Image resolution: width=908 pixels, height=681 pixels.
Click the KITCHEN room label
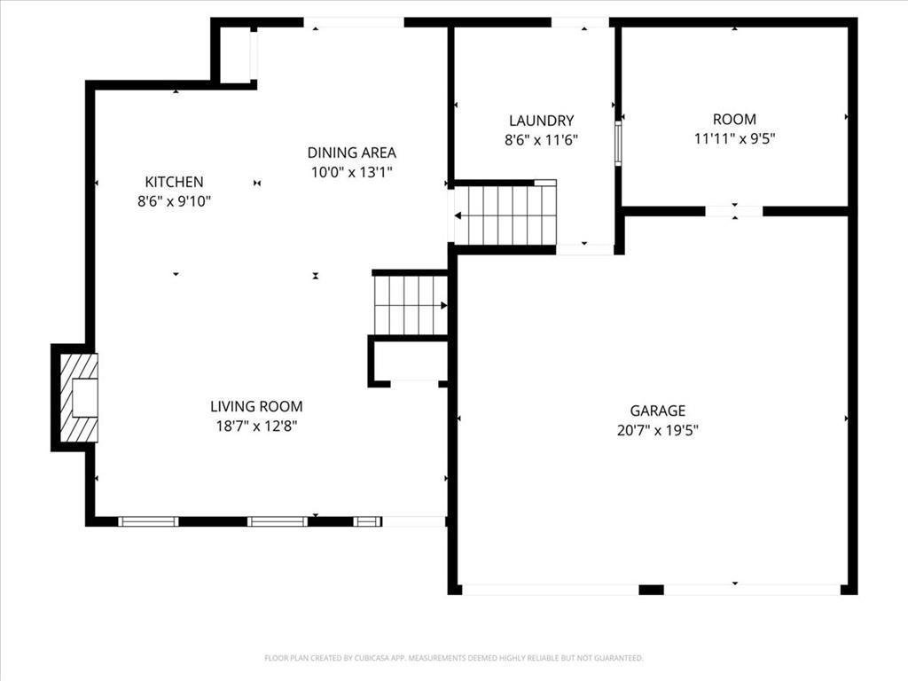(x=175, y=182)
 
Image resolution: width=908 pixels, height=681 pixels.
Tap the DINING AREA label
(x=351, y=153)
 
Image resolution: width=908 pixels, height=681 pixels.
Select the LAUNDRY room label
(x=541, y=121)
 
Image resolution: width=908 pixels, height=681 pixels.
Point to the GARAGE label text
(x=657, y=411)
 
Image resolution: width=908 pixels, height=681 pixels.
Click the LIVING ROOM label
(x=256, y=407)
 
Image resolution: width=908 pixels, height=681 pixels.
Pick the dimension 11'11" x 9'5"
(x=734, y=138)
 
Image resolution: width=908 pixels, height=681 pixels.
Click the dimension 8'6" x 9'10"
(x=175, y=201)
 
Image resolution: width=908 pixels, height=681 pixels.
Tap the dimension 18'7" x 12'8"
(x=256, y=427)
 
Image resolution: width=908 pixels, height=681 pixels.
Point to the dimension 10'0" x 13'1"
(x=351, y=172)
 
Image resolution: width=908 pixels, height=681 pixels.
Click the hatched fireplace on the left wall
(x=77, y=398)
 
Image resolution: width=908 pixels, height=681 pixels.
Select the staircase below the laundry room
(x=505, y=215)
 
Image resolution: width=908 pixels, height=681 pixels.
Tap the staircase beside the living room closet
(x=410, y=305)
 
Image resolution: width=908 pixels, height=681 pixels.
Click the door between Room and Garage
(x=734, y=211)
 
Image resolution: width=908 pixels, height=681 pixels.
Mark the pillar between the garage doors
(x=651, y=590)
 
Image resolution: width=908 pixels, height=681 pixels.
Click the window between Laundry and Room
(x=618, y=142)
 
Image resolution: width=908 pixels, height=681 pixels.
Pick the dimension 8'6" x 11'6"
(x=541, y=139)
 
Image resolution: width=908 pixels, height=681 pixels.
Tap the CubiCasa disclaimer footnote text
(x=453, y=658)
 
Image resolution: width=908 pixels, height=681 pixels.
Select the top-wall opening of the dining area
(x=355, y=22)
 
